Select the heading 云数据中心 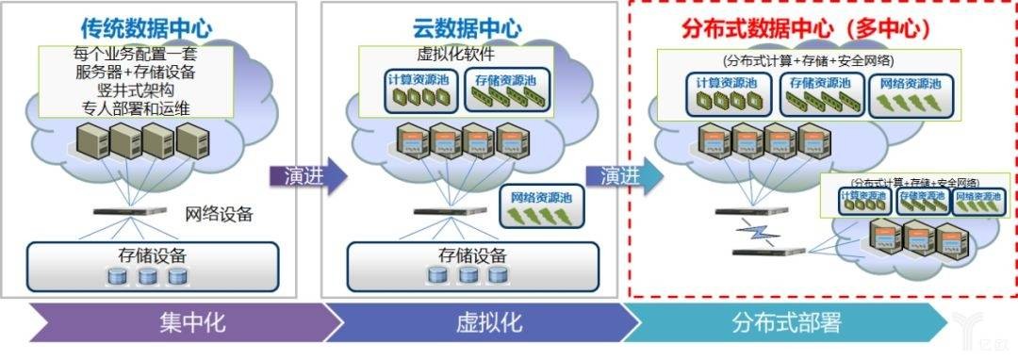(x=468, y=26)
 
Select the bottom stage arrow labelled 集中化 (x=179, y=322)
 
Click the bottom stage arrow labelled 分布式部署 (x=785, y=322)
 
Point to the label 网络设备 (x=219, y=213)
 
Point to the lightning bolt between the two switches (x=756, y=232)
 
